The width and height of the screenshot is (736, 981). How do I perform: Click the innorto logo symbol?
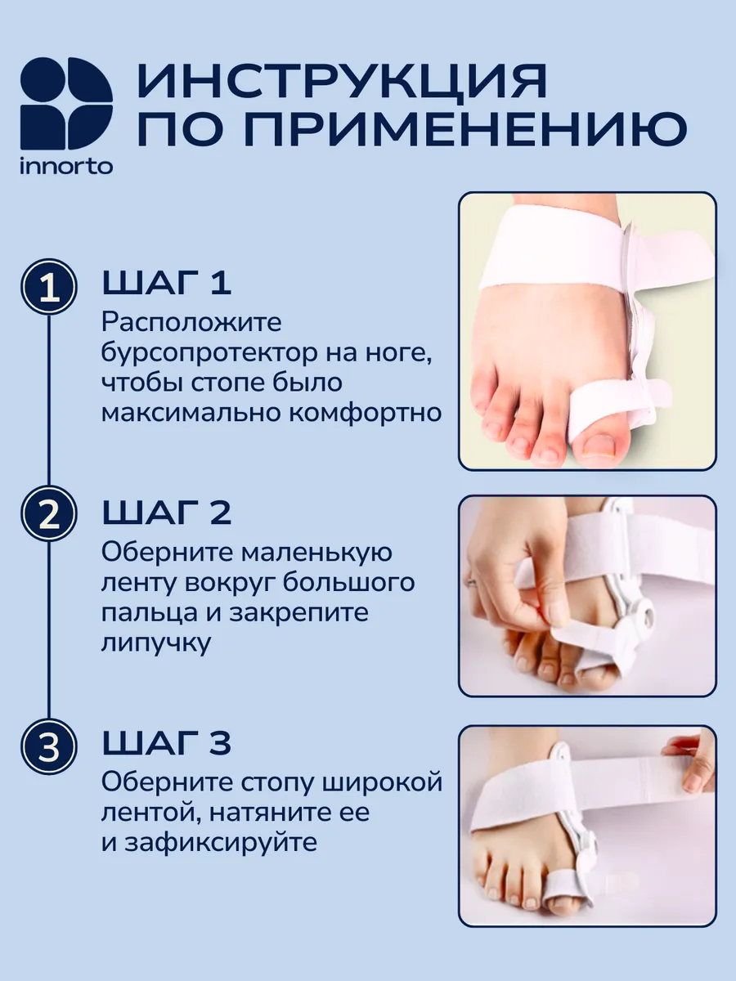66,103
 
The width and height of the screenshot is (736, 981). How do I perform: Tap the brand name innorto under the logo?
66,167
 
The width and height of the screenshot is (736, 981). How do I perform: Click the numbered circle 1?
49,288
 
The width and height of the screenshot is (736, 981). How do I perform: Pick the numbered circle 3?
49,746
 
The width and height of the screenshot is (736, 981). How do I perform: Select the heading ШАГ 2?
167,513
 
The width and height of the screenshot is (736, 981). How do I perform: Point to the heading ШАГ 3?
167,743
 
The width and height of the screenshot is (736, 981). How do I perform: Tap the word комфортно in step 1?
365,413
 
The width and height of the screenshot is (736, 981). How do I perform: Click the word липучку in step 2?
156,644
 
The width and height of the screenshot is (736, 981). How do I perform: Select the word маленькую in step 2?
316,553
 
